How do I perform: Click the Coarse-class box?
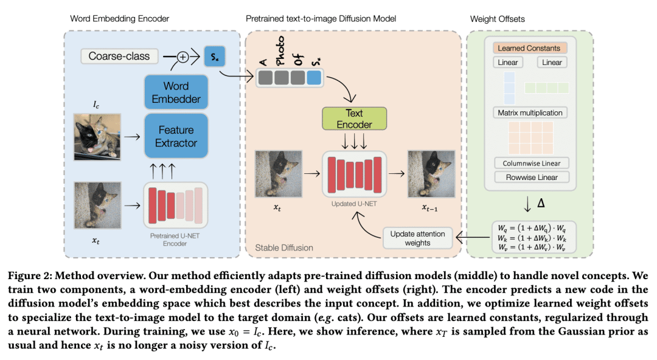119,57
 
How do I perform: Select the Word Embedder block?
176,92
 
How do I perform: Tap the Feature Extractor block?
176,136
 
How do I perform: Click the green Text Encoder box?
354,119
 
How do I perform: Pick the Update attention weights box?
417,238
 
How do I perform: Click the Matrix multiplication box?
530,112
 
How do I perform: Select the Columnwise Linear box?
531,163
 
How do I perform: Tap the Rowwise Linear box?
531,177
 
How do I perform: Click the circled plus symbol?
181,57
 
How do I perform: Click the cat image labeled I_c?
97,137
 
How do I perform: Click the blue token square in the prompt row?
314,77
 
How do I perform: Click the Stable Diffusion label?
284,247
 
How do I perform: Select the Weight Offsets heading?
498,19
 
